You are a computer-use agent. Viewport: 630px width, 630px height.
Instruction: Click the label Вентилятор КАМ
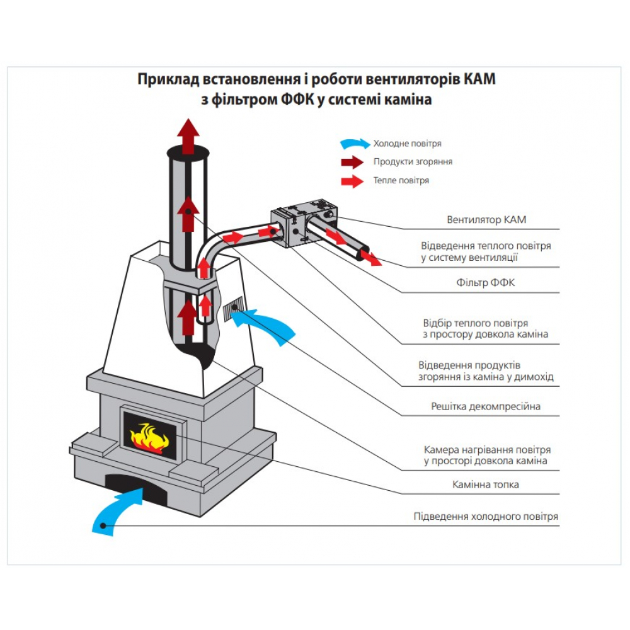point(486,220)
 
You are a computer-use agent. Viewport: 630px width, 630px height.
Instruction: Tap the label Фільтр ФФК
point(486,283)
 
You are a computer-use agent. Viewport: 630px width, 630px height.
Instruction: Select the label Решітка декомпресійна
point(486,406)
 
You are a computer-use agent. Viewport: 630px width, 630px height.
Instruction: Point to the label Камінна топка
point(486,484)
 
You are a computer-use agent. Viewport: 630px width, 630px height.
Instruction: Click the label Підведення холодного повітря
point(486,517)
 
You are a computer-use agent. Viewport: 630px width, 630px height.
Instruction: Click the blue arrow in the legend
point(355,144)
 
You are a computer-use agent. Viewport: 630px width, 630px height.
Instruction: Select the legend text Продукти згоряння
point(413,162)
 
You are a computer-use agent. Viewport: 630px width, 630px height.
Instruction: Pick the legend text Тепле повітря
point(401,181)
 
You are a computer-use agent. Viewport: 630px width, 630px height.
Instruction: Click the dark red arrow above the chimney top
point(188,134)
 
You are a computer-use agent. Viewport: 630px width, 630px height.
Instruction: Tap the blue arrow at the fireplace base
point(118,512)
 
